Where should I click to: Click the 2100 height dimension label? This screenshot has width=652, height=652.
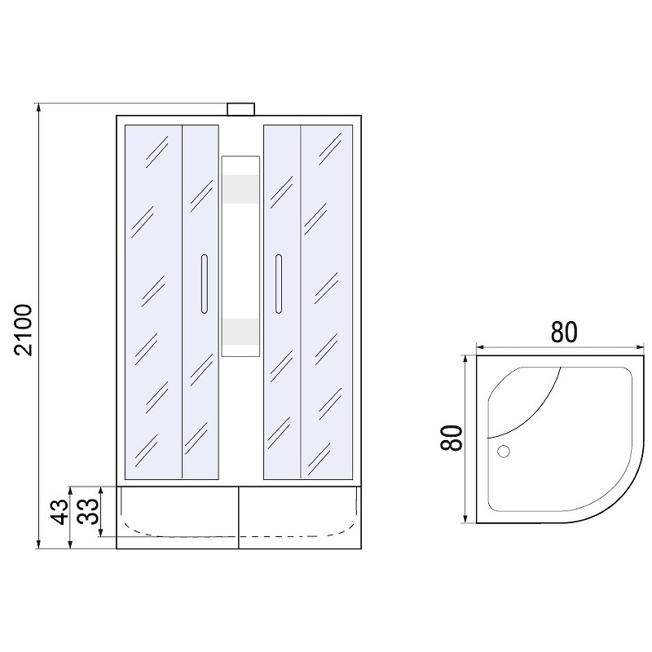(x=24, y=330)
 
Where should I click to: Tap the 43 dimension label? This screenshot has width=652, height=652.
(x=59, y=512)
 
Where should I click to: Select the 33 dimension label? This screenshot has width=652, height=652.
(x=89, y=511)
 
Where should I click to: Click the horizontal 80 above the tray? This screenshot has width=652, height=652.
(x=564, y=332)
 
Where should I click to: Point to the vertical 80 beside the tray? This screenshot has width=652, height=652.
(x=452, y=438)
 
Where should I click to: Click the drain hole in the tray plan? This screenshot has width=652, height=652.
(x=504, y=452)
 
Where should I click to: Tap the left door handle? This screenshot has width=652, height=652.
(x=205, y=284)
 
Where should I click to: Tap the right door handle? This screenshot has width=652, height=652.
(x=279, y=284)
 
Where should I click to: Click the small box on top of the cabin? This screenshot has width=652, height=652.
(x=240, y=109)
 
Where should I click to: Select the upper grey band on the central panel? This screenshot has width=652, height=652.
(x=240, y=189)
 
